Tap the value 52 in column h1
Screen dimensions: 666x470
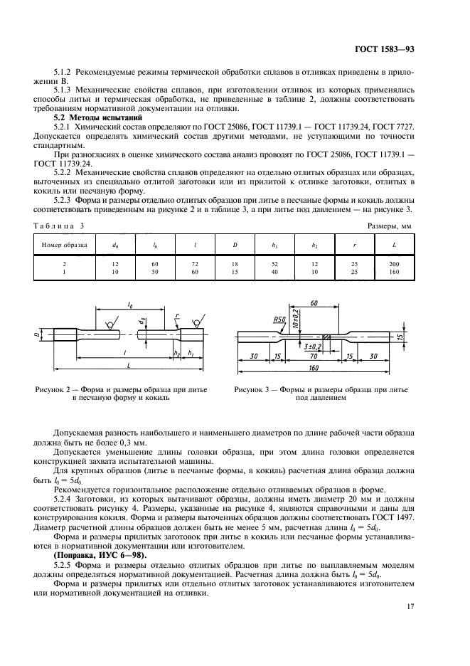coord(274,264)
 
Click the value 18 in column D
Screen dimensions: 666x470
coord(234,264)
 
